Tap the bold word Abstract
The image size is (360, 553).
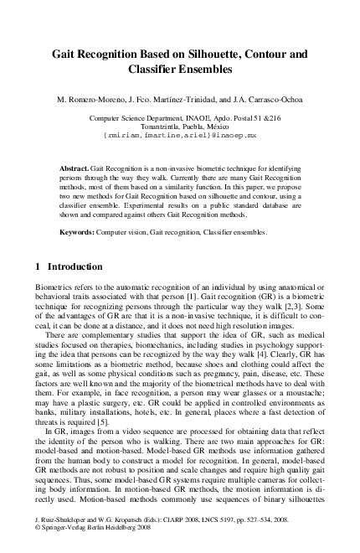75,168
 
